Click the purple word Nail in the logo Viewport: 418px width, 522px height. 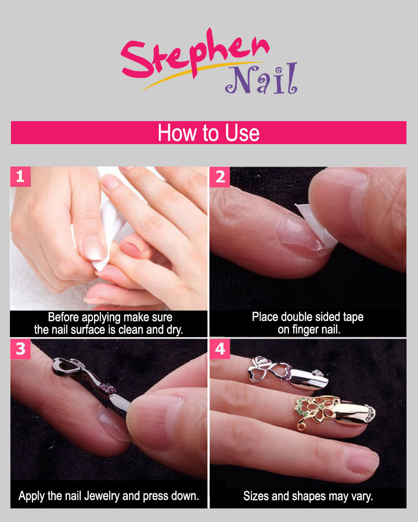pos(261,79)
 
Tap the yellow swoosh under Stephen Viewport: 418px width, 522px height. pos(200,75)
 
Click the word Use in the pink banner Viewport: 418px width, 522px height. pos(242,133)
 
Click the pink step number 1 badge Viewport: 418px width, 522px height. pos(20,176)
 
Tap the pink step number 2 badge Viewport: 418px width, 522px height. pos(219,177)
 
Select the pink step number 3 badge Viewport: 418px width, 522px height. pos(20,349)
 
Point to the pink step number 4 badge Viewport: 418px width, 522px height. pos(219,349)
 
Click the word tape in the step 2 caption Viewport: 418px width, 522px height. pos(353,317)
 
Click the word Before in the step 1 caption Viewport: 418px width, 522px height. pos(63,317)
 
